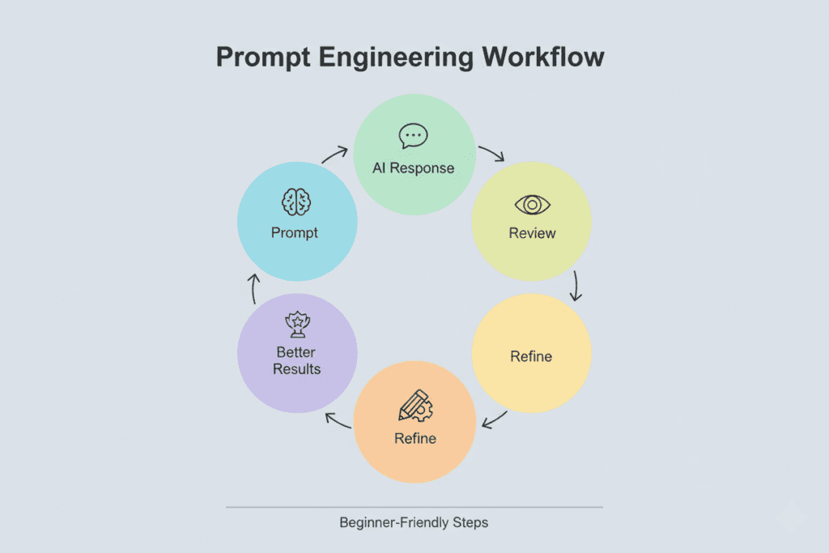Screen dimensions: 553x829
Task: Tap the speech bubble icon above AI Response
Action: click(414, 135)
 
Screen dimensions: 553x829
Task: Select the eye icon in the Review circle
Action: click(532, 204)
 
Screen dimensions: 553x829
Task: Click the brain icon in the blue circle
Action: click(295, 201)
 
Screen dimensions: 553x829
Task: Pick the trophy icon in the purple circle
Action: click(296, 325)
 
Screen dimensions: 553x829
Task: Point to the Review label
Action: click(532, 233)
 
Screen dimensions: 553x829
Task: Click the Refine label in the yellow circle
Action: click(531, 356)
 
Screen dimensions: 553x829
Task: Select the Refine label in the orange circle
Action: click(415, 438)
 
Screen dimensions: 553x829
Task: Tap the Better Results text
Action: click(296, 360)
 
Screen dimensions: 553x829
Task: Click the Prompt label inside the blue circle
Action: click(295, 232)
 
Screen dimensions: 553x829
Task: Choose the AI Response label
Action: click(414, 168)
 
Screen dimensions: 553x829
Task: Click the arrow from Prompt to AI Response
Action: click(336, 152)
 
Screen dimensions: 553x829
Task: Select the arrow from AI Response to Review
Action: click(491, 152)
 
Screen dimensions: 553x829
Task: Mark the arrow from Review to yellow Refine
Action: click(576, 285)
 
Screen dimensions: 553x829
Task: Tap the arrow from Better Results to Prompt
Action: click(252, 287)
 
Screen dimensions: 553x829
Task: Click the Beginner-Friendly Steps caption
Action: click(414, 522)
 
